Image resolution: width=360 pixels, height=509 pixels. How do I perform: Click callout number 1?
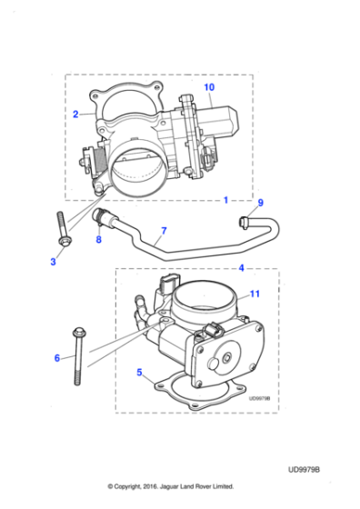225,198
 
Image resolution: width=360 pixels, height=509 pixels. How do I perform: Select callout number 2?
75,115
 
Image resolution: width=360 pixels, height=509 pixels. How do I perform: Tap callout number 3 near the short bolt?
53,262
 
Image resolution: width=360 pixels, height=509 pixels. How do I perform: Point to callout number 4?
241,268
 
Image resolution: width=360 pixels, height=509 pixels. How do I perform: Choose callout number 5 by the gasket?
139,372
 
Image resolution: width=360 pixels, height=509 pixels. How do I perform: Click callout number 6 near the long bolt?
56,358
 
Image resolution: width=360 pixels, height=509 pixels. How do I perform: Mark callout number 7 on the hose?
163,231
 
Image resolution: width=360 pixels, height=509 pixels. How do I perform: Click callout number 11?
255,293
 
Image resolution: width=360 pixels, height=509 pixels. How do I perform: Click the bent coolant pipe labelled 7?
182,247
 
